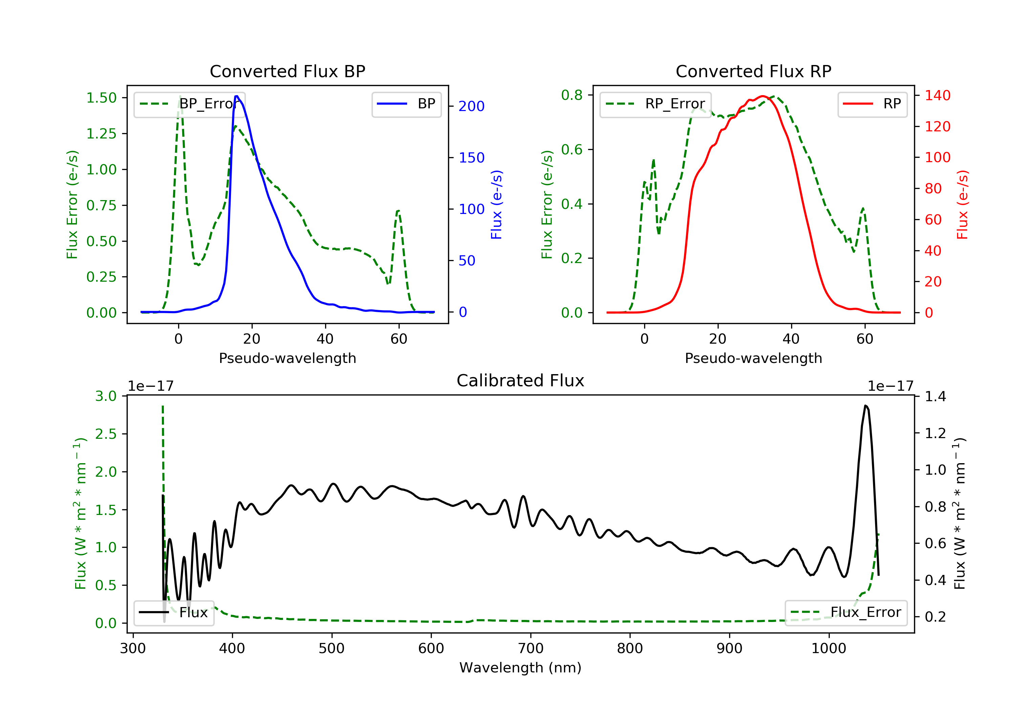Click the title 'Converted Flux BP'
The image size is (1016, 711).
click(x=287, y=71)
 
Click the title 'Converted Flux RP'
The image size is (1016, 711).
click(x=753, y=71)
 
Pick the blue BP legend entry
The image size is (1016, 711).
click(x=406, y=104)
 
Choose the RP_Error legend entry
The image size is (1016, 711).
click(x=655, y=104)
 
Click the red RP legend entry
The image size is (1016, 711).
click(x=872, y=104)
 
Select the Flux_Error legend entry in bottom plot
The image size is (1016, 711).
click(x=846, y=612)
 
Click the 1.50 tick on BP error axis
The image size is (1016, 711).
click(x=101, y=98)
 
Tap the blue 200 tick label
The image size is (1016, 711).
click(x=471, y=106)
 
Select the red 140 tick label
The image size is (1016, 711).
click(x=937, y=95)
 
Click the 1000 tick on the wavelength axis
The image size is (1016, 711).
click(x=828, y=649)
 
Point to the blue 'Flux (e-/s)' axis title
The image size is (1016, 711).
click(x=496, y=204)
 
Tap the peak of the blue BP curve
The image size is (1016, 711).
click(x=237, y=96)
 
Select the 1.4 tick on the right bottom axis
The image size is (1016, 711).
click(x=935, y=396)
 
